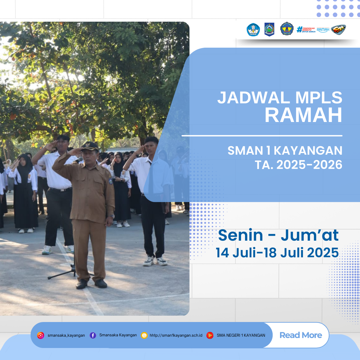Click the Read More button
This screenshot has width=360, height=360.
[x=301, y=335]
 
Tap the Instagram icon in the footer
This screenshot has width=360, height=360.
[x=41, y=335]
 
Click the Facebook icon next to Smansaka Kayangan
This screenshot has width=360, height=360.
[x=93, y=335]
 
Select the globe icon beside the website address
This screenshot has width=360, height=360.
[x=144, y=335]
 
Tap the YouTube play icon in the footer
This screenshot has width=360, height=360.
[x=210, y=335]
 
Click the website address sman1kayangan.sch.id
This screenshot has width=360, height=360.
[x=176, y=335]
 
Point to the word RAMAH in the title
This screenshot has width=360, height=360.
[x=303, y=115]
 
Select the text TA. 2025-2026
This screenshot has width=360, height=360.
[x=299, y=165]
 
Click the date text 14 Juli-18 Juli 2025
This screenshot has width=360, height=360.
[x=277, y=253]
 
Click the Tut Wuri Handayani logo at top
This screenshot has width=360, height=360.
[x=253, y=30]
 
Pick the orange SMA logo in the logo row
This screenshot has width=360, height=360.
[x=338, y=30]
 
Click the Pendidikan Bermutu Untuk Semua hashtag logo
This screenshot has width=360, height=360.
[x=306, y=30]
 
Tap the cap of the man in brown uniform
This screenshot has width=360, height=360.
[x=90, y=146]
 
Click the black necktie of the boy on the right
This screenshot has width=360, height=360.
[x=151, y=177]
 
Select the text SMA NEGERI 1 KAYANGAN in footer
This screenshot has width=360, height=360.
[x=241, y=335]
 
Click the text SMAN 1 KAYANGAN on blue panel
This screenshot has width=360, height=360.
[x=285, y=151]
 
